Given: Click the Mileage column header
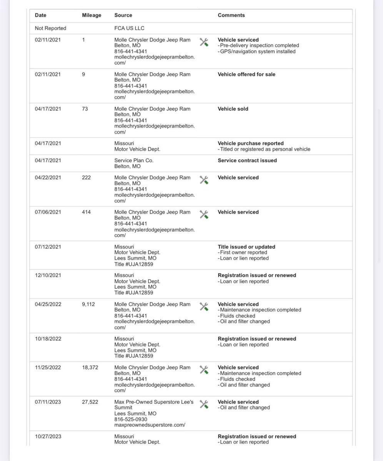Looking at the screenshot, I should pyautogui.click(x=92, y=15).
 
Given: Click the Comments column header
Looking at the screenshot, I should pyautogui.click(x=231, y=15).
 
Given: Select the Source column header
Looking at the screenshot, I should pyautogui.click(x=123, y=15).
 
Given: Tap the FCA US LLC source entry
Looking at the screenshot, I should pyautogui.click(x=129, y=28).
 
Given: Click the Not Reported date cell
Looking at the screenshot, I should pyautogui.click(x=50, y=28).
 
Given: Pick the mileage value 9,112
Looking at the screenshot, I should pyautogui.click(x=88, y=304).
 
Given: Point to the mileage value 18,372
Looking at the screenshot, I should pyautogui.click(x=90, y=368).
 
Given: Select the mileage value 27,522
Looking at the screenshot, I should pyautogui.click(x=90, y=402).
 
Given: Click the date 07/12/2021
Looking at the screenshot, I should pyautogui.click(x=48, y=247).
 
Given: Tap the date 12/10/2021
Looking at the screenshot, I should pyautogui.click(x=48, y=275).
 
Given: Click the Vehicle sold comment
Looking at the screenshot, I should pyautogui.click(x=233, y=109).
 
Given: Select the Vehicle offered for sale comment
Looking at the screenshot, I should pyautogui.click(x=246, y=75).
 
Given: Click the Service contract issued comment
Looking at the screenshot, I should pyautogui.click(x=247, y=161).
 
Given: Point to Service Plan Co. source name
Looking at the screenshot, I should pyautogui.click(x=134, y=161).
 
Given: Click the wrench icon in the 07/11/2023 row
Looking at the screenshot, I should pyautogui.click(x=204, y=404).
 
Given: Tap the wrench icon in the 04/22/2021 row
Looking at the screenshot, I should pyautogui.click(x=204, y=180).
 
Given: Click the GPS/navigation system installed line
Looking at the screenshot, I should pyautogui.click(x=257, y=51).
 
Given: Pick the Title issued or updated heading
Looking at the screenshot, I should pyautogui.click(x=246, y=247).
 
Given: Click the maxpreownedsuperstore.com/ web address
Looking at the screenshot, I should pyautogui.click(x=150, y=425).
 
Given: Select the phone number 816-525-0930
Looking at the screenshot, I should pyautogui.click(x=130, y=420).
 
